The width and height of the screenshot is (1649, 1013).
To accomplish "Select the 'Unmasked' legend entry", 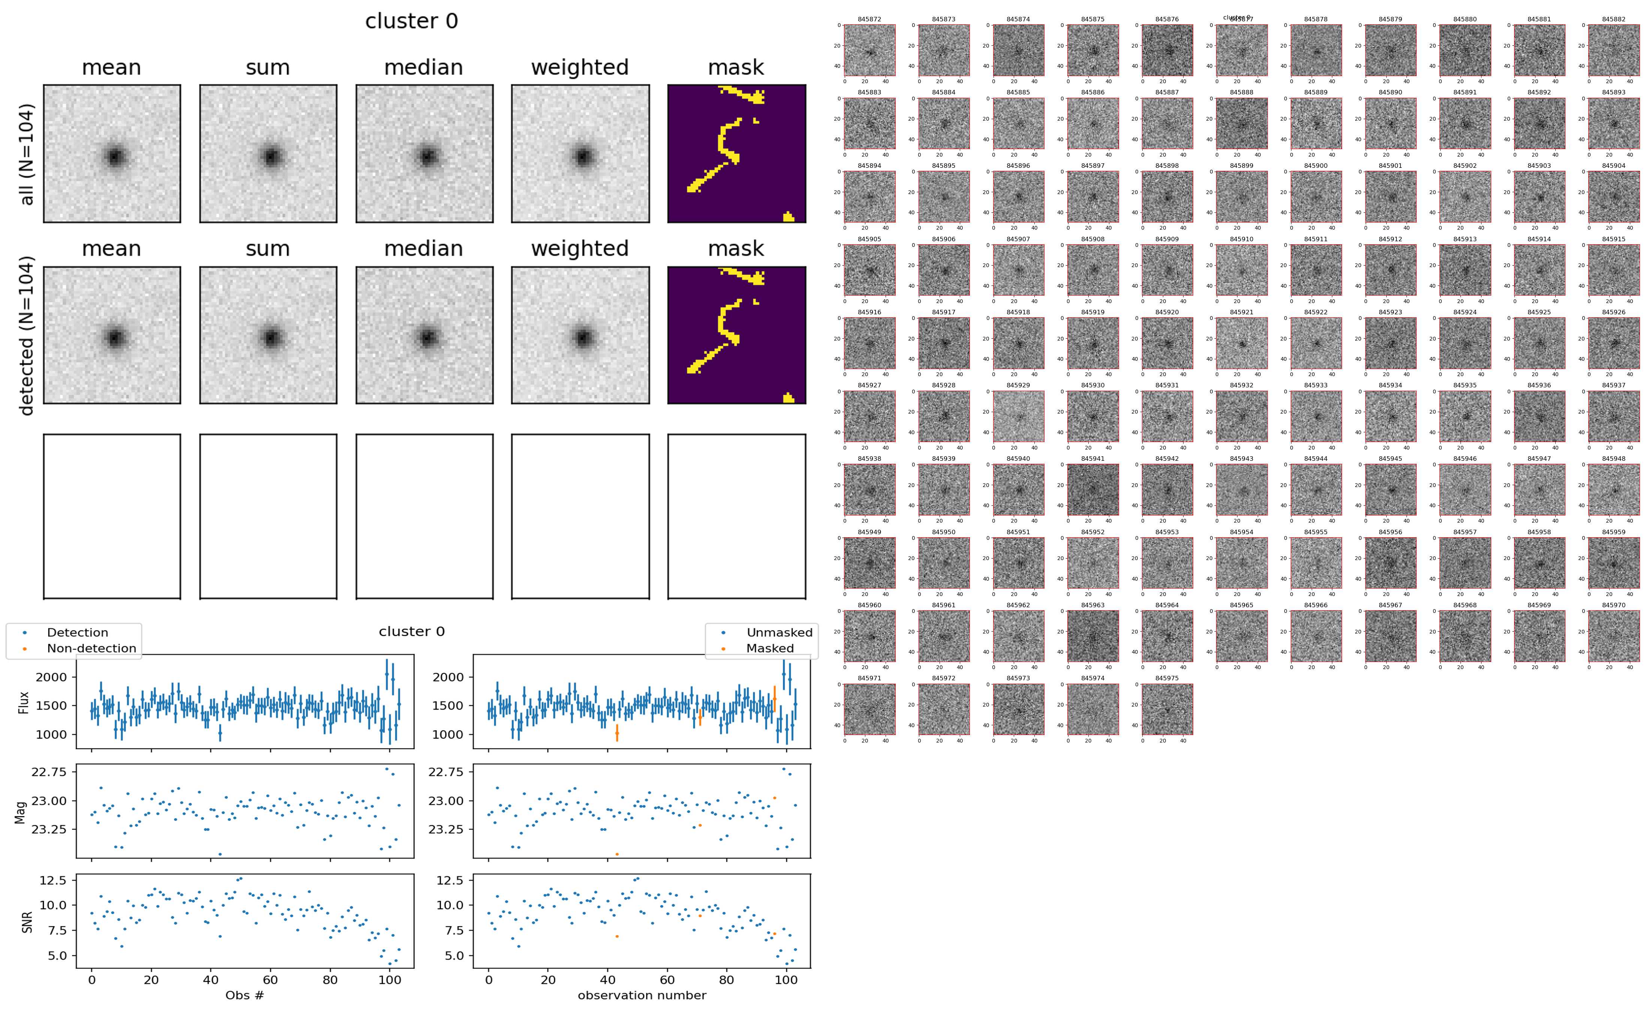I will tap(779, 632).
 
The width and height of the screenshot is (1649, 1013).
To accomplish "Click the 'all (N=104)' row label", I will tap(27, 154).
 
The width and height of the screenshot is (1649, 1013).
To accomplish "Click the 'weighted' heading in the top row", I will tap(580, 68).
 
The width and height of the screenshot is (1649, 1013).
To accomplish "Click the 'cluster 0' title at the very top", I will tap(412, 21).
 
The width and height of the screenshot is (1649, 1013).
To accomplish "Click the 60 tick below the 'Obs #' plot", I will tap(270, 980).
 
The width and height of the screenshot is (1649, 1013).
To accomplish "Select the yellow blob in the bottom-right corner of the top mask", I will tap(789, 217).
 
